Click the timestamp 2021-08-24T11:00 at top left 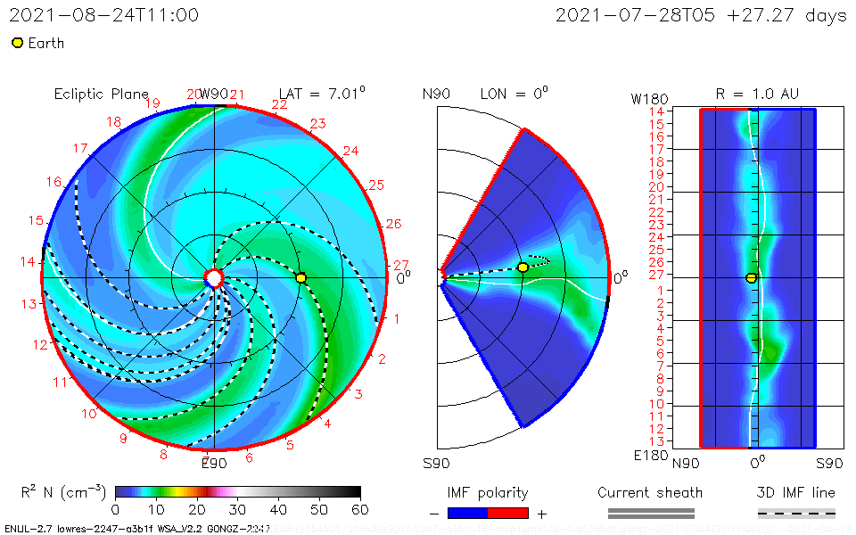click(103, 15)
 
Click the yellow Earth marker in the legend click(17, 43)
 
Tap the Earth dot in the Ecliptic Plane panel click(301, 278)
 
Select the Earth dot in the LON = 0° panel click(523, 267)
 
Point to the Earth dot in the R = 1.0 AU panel click(752, 278)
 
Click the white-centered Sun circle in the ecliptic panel click(214, 278)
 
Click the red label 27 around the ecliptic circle click(401, 265)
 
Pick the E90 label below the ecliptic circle click(215, 463)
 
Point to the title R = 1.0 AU click(757, 94)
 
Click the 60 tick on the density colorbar click(360, 509)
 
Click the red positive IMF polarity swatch click(508, 513)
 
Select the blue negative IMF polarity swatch click(468, 513)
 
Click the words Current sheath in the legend click(650, 492)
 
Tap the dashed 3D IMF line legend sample click(796, 513)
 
